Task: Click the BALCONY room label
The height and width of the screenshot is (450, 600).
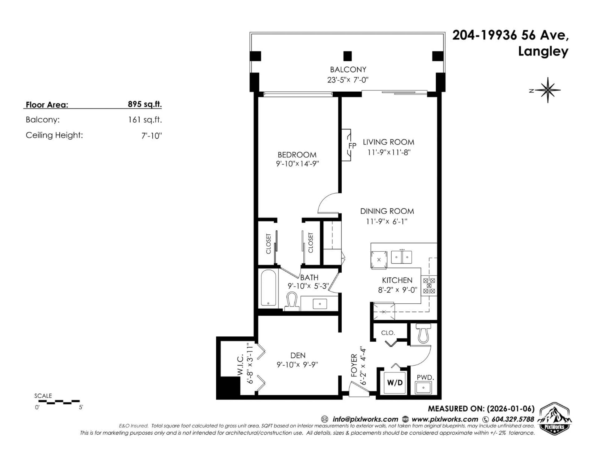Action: pyautogui.click(x=348, y=69)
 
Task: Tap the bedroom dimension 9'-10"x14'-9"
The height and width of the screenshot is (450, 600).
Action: pyautogui.click(x=297, y=164)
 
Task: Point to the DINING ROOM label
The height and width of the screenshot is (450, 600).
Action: pyautogui.click(x=387, y=211)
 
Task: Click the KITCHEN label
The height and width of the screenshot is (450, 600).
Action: pyautogui.click(x=397, y=280)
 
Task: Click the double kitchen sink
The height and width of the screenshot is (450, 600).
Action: pyautogui.click(x=401, y=257)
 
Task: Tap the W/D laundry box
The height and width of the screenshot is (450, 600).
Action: pyautogui.click(x=395, y=383)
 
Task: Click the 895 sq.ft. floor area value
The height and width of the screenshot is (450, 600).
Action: pyautogui.click(x=145, y=104)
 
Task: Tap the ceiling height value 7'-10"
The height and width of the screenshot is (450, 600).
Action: pyautogui.click(x=151, y=136)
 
